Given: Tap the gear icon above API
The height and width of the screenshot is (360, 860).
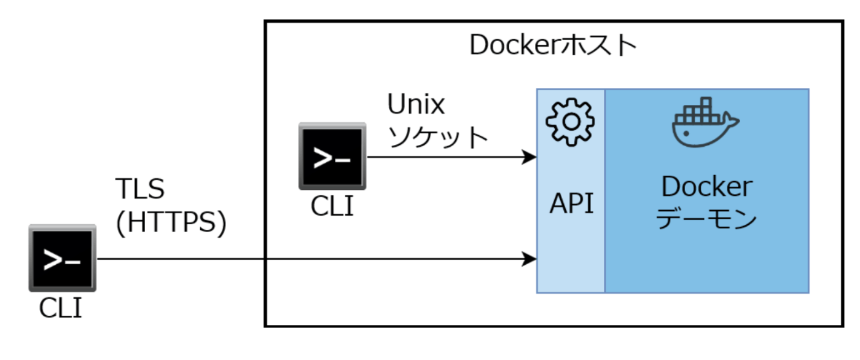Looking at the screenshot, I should point(571,122).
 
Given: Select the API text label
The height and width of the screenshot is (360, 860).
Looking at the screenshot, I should point(571,203).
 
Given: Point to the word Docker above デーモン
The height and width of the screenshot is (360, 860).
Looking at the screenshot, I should point(706,187).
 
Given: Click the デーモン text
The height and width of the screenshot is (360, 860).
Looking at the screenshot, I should point(706,219).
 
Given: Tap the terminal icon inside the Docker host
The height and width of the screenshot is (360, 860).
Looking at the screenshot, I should point(332,157).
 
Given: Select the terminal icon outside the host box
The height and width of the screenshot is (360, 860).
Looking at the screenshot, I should point(62,258).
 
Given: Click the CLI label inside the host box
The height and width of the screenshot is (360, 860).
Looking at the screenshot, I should point(332,206).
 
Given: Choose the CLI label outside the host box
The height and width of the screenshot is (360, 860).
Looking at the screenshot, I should point(61,308).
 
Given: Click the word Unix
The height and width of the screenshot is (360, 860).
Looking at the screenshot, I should point(416,105).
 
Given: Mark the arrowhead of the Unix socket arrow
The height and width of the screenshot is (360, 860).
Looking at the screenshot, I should point(530,157).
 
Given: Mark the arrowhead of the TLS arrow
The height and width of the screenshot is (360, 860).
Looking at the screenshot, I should point(530,259).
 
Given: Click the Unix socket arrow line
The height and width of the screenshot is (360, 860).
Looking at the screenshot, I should point(442,157).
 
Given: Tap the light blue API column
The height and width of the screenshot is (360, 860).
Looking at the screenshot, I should point(571,258).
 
